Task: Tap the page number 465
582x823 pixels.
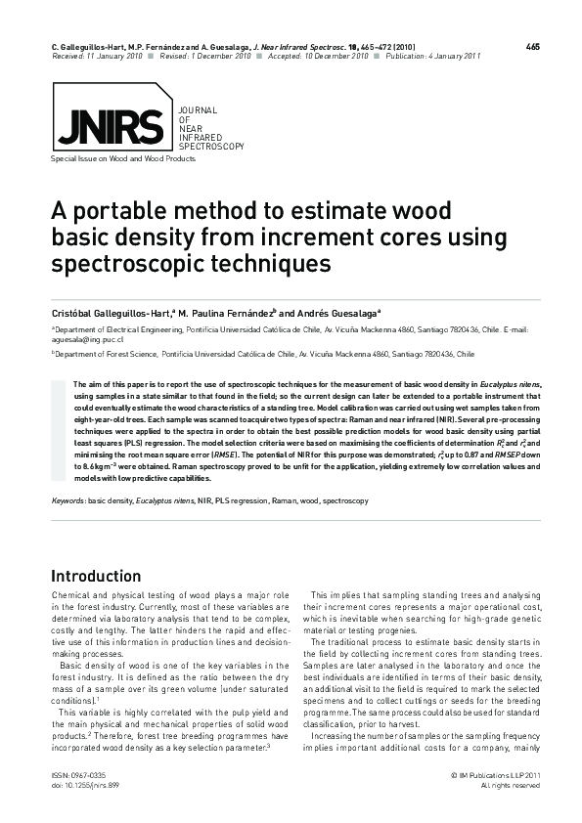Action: click(532, 47)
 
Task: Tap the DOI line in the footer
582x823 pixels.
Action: click(81, 785)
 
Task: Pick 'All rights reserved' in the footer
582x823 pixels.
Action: click(512, 785)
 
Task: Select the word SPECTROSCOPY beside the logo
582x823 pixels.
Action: click(210, 145)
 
